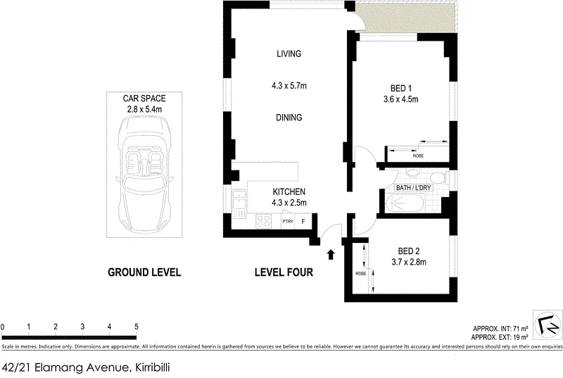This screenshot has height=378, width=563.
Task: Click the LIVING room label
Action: point(289,53)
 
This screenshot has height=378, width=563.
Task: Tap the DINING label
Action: point(289,118)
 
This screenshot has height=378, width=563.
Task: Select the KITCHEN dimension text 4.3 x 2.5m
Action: point(289,203)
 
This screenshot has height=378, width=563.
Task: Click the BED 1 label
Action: point(400,88)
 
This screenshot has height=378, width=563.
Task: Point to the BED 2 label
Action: point(409,251)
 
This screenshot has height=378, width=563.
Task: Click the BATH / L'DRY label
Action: point(413,188)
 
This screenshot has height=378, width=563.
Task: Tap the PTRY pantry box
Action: point(288,222)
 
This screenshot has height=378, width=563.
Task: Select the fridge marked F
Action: point(303,222)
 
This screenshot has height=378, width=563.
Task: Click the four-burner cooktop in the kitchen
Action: point(264,221)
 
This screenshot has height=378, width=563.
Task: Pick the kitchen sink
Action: point(239,204)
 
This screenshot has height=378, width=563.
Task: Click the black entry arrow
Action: point(331,255)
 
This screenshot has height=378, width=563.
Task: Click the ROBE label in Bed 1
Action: point(418,156)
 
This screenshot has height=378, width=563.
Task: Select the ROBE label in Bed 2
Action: point(361,274)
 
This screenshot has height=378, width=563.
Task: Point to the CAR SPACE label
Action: point(144,99)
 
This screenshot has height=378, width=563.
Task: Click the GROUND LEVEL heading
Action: point(144,272)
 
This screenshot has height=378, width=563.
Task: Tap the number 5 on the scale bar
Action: point(137,327)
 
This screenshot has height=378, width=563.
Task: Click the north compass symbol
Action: point(548,325)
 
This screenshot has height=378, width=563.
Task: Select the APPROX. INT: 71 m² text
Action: point(500,329)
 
